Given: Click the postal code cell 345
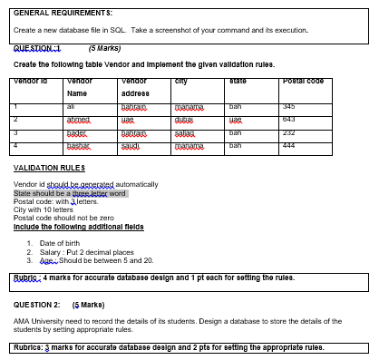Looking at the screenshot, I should pos(316,107).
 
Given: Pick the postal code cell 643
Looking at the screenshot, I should pos(316,119).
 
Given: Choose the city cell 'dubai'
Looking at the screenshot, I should pos(187,120).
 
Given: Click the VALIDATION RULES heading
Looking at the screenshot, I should pos(44,169).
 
